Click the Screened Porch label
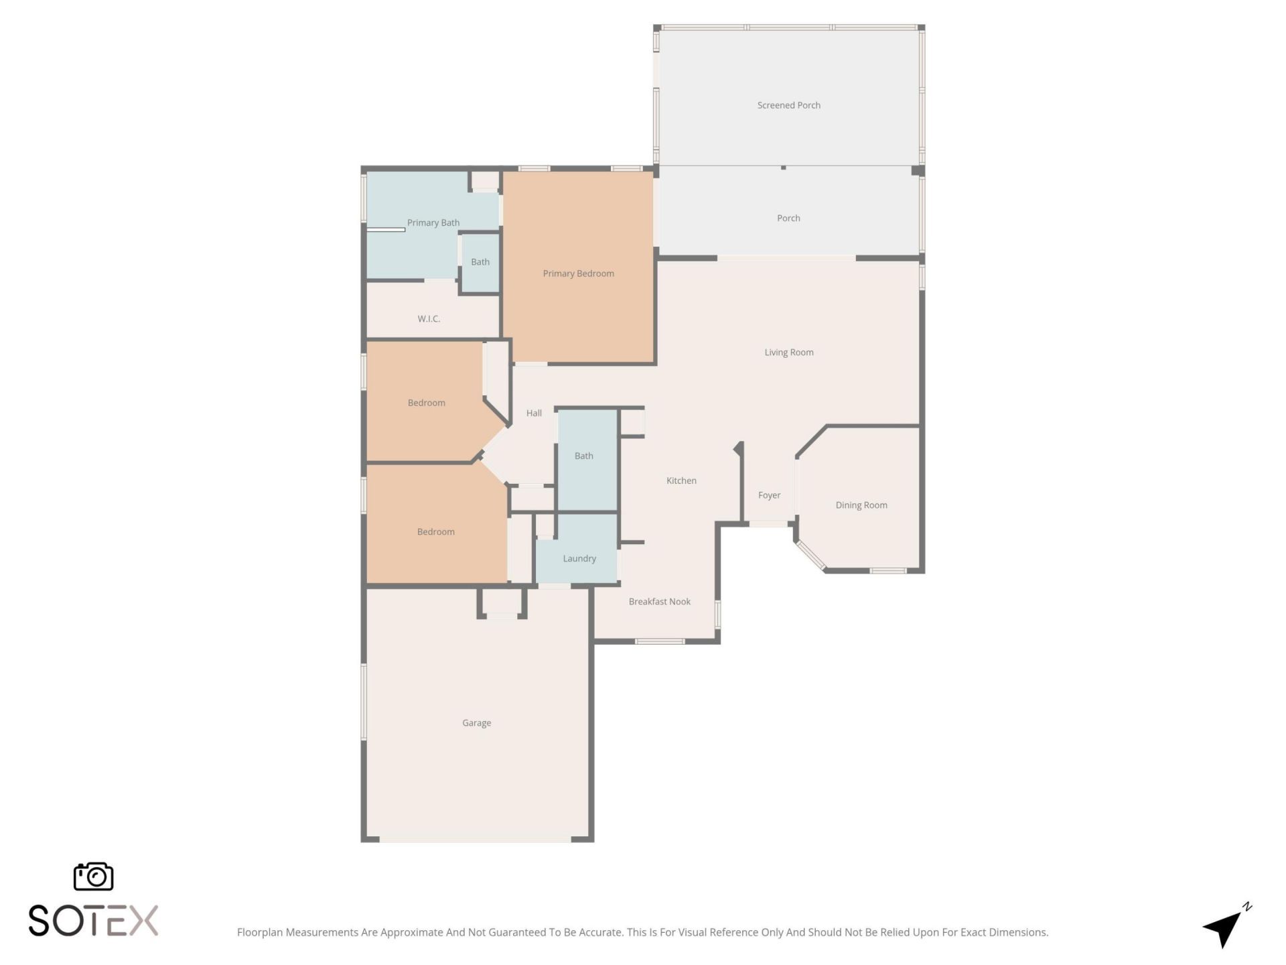pos(788,105)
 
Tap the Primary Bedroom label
pos(578,273)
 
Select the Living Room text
pos(788,352)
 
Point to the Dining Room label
pos(861,505)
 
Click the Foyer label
pos(769,495)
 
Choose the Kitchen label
pos(681,480)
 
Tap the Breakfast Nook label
pos(659,602)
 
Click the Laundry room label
pos(579,558)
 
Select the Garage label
pos(476,723)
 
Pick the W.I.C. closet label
pos(429,319)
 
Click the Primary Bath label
pos(433,222)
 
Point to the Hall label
pos(534,413)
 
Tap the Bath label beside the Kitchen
pos(583,456)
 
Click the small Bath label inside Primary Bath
pos(480,262)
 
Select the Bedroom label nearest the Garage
pos(435,532)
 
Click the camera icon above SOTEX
pos(93,877)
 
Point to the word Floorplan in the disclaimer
pos(260,932)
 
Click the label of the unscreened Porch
pos(788,218)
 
